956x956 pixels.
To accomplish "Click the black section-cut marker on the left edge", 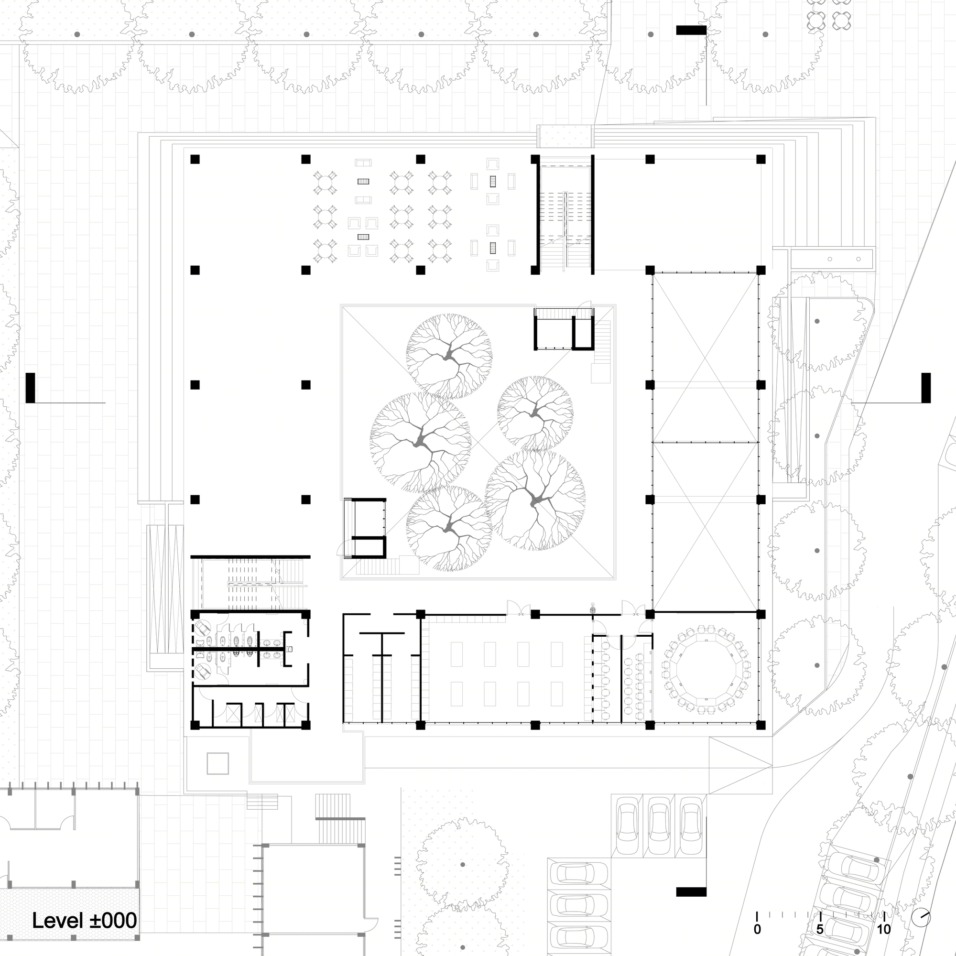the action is pyautogui.click(x=30, y=388).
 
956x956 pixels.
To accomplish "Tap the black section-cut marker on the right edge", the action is pyautogui.click(x=926, y=388).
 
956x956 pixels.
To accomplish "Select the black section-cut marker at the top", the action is pyautogui.click(x=691, y=30).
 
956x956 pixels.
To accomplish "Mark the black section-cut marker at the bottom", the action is pyautogui.click(x=691, y=891).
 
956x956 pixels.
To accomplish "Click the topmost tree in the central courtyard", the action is pyautogui.click(x=449, y=357).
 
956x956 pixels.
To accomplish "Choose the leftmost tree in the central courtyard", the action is pyautogui.click(x=421, y=444).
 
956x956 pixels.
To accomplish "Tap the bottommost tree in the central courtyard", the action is pyautogui.click(x=449, y=528).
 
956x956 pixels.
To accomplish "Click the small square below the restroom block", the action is pyautogui.click(x=217, y=763).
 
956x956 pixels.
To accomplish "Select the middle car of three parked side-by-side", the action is pyautogui.click(x=659, y=826).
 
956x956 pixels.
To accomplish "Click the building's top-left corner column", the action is pyautogui.click(x=195, y=159).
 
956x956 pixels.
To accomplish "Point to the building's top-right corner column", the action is pyautogui.click(x=761, y=159).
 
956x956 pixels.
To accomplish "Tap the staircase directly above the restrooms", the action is pyautogui.click(x=251, y=584).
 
